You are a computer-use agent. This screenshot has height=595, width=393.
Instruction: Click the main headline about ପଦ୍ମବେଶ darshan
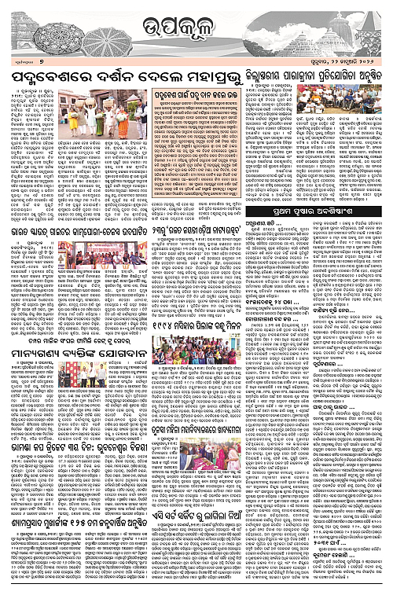click(116, 77)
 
